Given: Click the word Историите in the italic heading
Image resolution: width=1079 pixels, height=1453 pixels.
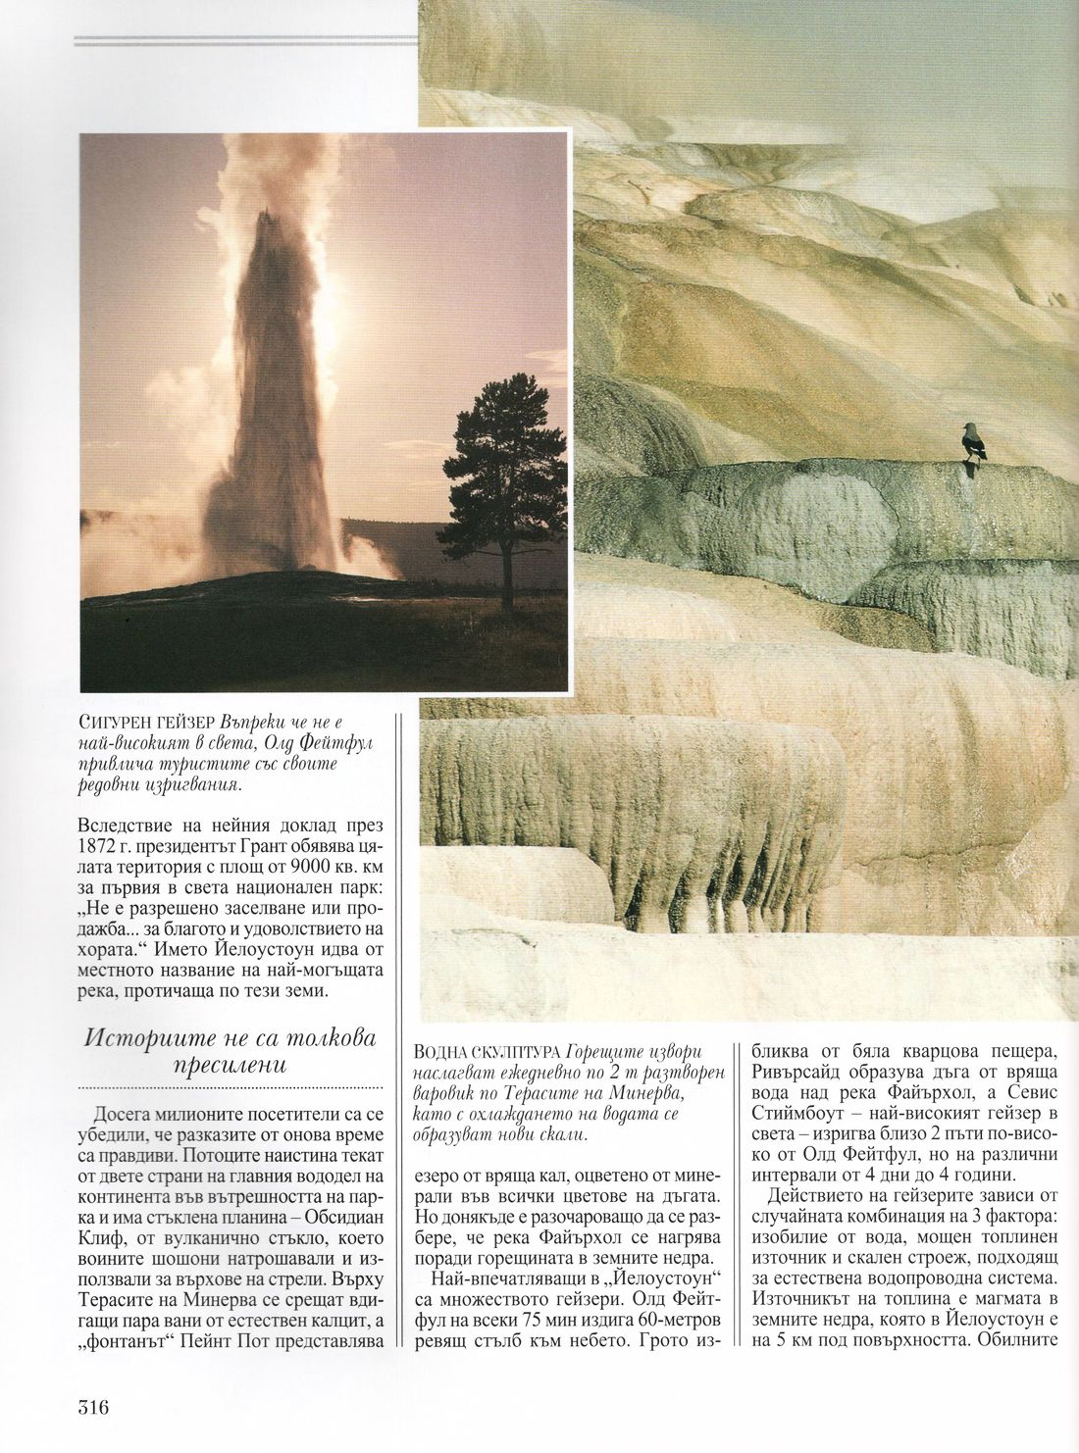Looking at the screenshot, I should point(146,1037).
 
